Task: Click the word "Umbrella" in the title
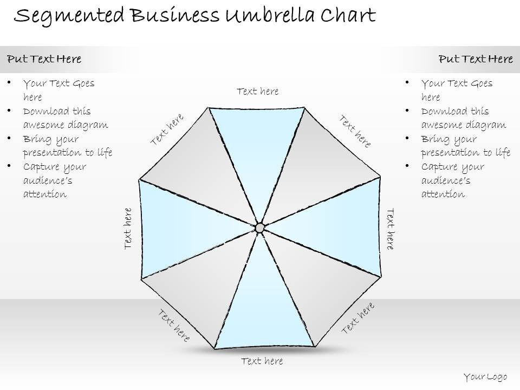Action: pyautogui.click(x=270, y=16)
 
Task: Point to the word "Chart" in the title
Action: pyautogui.click(x=348, y=16)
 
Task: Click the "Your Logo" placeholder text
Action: pyautogui.click(x=485, y=377)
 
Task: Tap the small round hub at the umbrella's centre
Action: pyautogui.click(x=260, y=227)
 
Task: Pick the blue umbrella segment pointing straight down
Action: pyautogui.click(x=264, y=309)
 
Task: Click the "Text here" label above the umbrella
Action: pyautogui.click(x=258, y=92)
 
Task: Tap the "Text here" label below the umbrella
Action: pyautogui.click(x=262, y=361)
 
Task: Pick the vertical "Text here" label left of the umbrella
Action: pyautogui.click(x=128, y=228)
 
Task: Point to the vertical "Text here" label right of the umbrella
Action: pyautogui.click(x=390, y=229)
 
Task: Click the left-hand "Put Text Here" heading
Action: pyautogui.click(x=44, y=59)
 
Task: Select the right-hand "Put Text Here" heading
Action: pyautogui.click(x=476, y=59)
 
